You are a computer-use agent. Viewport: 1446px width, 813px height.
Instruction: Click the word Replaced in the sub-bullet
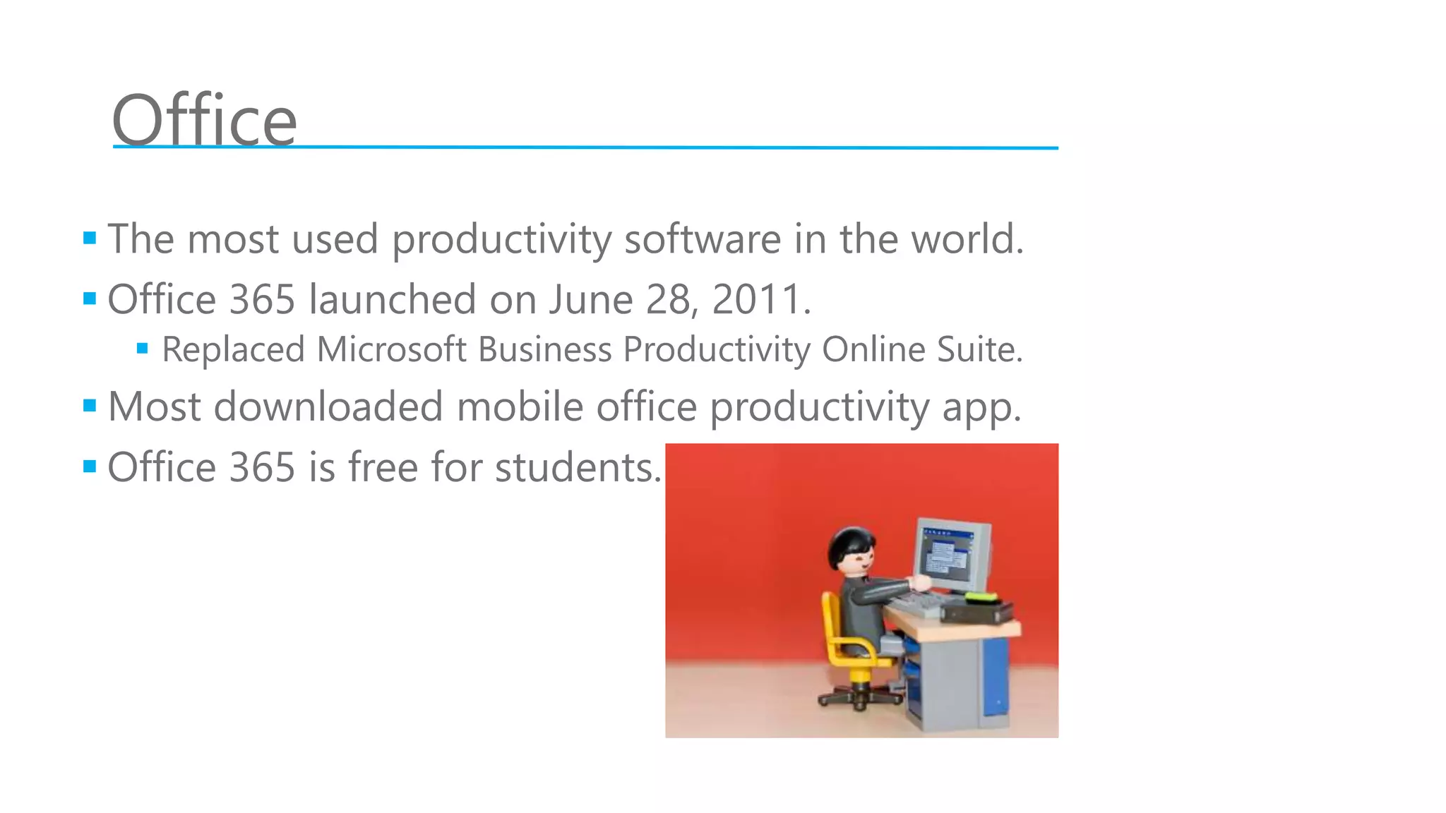click(x=233, y=349)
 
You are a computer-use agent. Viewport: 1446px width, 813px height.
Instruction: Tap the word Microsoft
click(x=391, y=349)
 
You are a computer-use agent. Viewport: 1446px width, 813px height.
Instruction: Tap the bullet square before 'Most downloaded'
click(x=90, y=406)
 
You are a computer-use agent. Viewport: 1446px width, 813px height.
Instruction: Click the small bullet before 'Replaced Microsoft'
click(x=143, y=348)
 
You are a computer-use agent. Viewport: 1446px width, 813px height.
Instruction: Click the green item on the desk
click(x=981, y=597)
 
